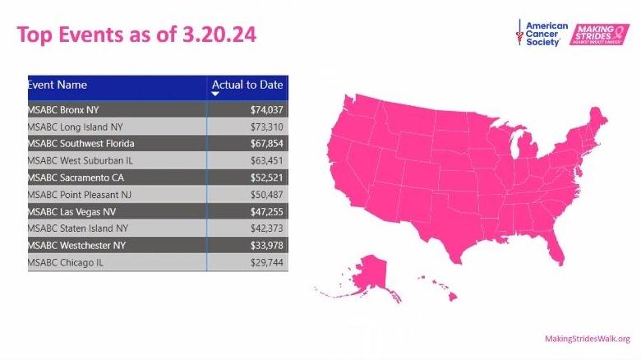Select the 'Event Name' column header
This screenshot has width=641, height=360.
(58, 85)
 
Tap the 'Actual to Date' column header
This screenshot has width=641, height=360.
(247, 85)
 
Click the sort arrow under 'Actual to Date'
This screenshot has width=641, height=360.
(215, 95)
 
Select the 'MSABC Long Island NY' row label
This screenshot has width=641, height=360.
(75, 127)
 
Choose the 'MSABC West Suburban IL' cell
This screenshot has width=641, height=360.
(80, 160)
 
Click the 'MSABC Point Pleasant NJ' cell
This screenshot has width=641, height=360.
(80, 194)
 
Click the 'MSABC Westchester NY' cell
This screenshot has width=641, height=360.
(76, 245)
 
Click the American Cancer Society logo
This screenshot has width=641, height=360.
(543, 34)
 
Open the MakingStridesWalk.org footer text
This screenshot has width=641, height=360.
(587, 339)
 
